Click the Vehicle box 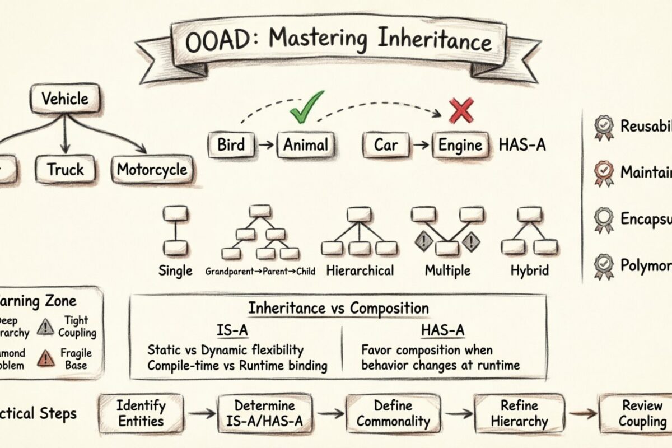[x=65, y=99]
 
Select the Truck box [x=65, y=169]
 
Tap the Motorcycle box [x=152, y=169]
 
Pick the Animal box [x=305, y=146]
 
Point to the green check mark [x=306, y=106]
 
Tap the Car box [x=386, y=146]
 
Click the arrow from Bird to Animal [x=267, y=146]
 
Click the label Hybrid [x=529, y=270]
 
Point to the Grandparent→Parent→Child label [x=260, y=272]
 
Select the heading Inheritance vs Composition [x=338, y=308]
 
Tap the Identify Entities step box [x=141, y=413]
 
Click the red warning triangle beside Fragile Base [x=45, y=358]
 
